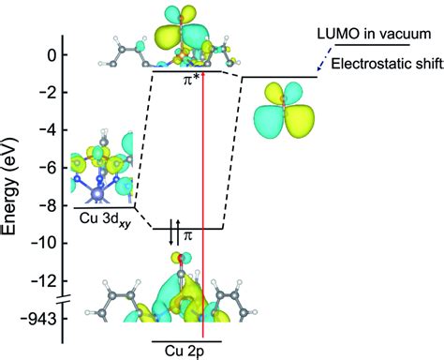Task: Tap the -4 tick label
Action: coord(49,130)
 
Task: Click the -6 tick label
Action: coord(49,168)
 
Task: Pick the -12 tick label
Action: coord(46,280)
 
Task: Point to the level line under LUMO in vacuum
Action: coord(371,45)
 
